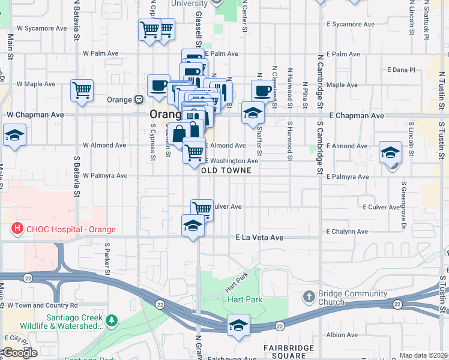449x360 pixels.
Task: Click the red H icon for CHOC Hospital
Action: point(17,229)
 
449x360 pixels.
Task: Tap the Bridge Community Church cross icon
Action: point(309,296)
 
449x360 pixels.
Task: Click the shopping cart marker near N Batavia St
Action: point(82,91)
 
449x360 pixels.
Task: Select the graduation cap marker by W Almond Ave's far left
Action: point(14,135)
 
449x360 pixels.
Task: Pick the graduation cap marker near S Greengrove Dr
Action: point(390,152)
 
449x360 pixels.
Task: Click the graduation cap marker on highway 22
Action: point(238,325)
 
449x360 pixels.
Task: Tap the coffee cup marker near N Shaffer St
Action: point(262,91)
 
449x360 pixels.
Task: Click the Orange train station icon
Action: point(139,99)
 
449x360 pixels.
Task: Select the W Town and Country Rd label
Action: point(43,305)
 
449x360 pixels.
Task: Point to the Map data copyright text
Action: point(423,355)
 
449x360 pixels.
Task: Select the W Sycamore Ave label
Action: point(41,28)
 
